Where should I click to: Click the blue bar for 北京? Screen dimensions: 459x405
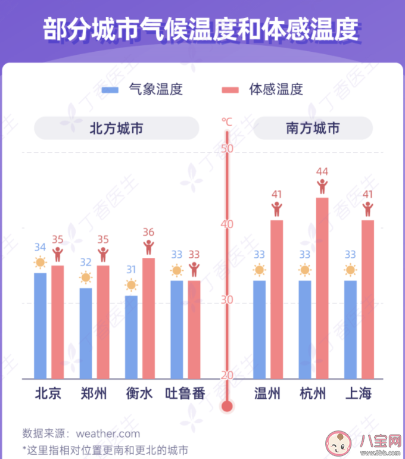(x=40, y=326)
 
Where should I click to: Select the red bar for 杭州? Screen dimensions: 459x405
(x=322, y=288)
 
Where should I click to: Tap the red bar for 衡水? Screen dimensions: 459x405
(x=148, y=318)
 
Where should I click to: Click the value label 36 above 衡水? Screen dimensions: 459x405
(x=148, y=232)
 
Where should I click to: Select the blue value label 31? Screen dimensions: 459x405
(x=131, y=270)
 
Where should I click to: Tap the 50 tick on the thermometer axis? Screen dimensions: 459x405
(x=227, y=149)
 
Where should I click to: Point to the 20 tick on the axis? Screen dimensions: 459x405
(x=227, y=375)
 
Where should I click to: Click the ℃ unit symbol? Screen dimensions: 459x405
(x=227, y=121)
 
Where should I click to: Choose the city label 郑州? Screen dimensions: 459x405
(x=94, y=394)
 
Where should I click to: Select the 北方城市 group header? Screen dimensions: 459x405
(x=116, y=128)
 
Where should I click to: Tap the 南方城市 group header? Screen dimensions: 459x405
(x=313, y=128)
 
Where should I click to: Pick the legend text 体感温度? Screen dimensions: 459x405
(x=276, y=90)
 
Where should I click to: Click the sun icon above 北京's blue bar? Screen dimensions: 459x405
(x=40, y=263)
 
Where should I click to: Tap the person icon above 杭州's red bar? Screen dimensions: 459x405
(x=322, y=187)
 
